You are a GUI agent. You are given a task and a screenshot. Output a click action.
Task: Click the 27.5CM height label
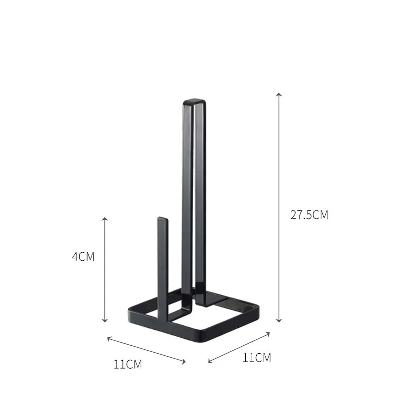point(309,215)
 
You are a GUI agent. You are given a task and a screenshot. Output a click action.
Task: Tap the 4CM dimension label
point(83,257)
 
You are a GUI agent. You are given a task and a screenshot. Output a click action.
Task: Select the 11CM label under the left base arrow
point(127,364)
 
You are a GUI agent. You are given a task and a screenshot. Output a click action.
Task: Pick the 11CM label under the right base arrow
point(257,357)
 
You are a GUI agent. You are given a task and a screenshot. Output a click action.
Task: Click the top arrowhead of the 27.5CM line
point(279,94)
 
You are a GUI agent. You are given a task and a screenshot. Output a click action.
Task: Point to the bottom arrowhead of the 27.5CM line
point(279,320)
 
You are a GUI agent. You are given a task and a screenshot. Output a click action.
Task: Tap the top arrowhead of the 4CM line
point(105,219)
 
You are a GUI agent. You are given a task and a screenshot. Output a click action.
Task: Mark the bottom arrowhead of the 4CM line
point(105,321)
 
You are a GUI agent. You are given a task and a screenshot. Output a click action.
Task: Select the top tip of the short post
point(162,219)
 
